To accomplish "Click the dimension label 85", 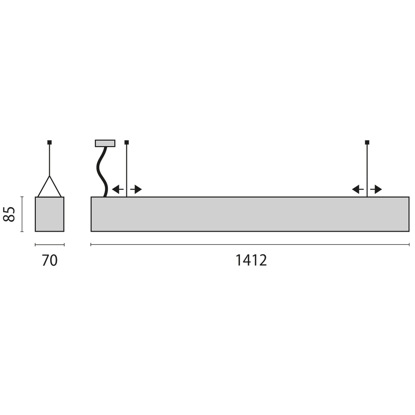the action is point(9,214).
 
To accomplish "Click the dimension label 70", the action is point(50,260).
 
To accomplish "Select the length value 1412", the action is point(251,260).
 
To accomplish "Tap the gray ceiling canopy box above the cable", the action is point(105,143).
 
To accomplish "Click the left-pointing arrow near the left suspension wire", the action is point(118,189).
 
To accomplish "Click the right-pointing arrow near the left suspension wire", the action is point(136,189).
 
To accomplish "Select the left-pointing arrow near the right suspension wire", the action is point(358,189).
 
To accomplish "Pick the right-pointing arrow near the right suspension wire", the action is point(376,189).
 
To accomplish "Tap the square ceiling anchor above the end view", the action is point(49,142).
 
